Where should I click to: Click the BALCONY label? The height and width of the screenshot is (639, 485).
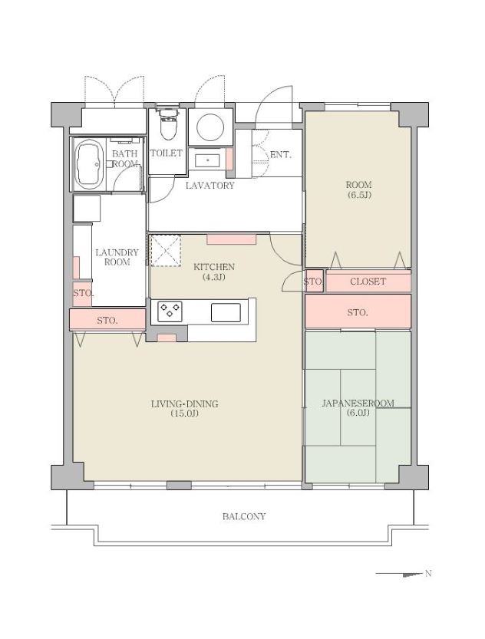(x=244, y=516)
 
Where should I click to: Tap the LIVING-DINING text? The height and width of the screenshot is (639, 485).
(x=185, y=403)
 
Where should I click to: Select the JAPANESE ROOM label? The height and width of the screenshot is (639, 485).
(x=358, y=403)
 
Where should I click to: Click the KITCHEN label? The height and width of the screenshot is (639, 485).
(x=214, y=267)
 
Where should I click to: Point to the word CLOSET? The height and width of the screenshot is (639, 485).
(x=368, y=282)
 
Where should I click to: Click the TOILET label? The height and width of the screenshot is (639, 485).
(x=167, y=153)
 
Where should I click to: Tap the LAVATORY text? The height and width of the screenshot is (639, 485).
(x=210, y=186)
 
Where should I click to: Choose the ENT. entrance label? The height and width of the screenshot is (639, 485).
(x=281, y=155)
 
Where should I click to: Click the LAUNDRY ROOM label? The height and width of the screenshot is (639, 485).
(x=117, y=257)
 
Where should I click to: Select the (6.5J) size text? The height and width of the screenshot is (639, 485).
(x=358, y=195)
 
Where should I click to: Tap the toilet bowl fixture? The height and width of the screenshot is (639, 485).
(x=167, y=124)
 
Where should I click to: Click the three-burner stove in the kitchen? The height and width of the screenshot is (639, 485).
(x=170, y=311)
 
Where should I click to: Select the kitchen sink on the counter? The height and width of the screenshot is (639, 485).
(x=226, y=312)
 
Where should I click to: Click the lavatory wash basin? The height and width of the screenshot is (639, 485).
(x=208, y=160)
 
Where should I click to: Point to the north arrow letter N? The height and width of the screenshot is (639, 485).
(x=428, y=573)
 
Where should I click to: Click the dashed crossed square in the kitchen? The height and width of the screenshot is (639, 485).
(x=166, y=251)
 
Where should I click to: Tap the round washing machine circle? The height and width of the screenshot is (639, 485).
(x=210, y=127)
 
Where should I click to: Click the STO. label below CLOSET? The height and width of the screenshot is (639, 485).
(x=358, y=312)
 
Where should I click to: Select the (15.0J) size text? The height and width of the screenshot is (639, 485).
(x=185, y=413)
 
